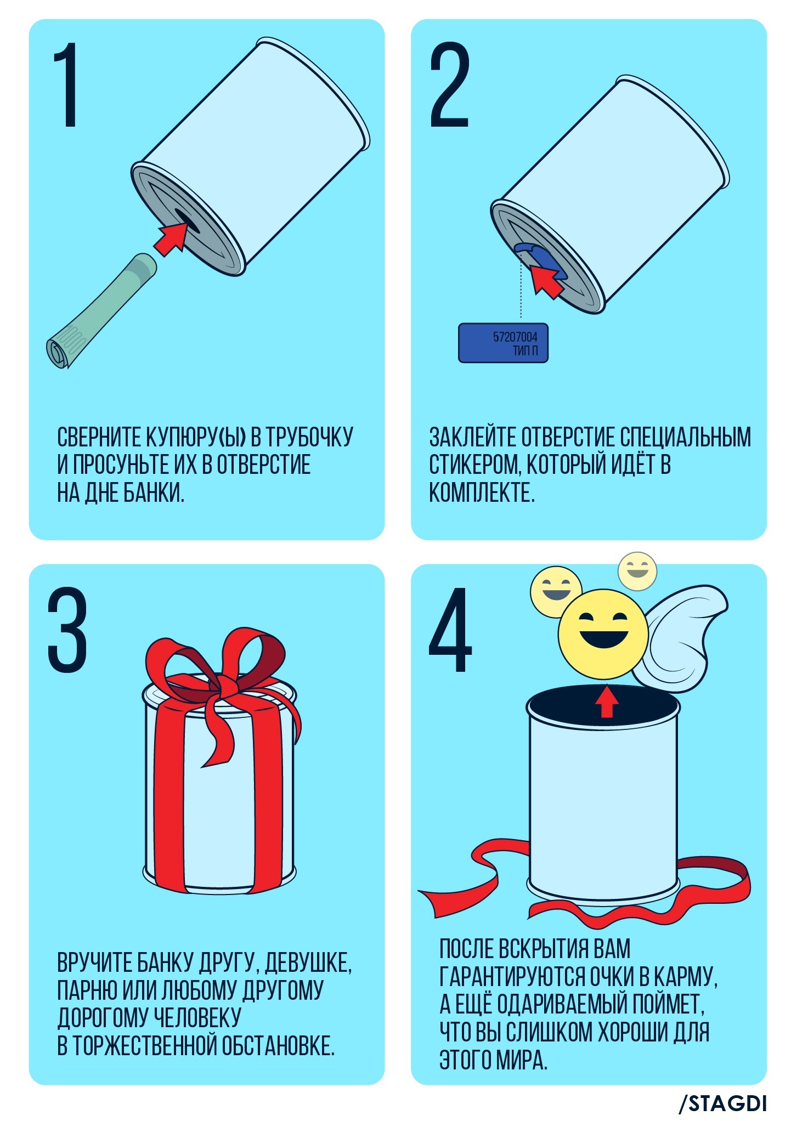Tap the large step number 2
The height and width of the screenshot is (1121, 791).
tap(450, 85)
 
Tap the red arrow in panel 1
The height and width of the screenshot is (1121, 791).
tap(171, 238)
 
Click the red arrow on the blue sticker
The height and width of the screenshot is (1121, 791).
tap(548, 279)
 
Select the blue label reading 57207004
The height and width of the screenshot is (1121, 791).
tap(504, 343)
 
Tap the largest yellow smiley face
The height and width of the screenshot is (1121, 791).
tap(603, 633)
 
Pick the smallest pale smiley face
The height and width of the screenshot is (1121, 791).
tap(637, 571)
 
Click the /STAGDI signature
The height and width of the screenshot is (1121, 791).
tap(722, 1103)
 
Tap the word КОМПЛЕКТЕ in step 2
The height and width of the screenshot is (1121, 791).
tap(482, 492)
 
